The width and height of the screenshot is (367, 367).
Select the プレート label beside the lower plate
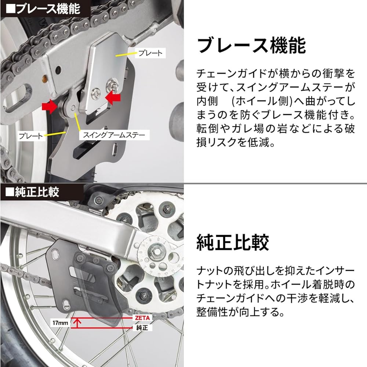click(31, 136)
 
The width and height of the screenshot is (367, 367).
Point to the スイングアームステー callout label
click(114, 135)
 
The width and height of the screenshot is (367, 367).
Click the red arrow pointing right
click(50, 107)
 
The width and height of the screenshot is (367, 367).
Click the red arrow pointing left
click(113, 98)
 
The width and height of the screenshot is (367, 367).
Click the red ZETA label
click(142, 318)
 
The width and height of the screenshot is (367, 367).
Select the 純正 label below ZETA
click(142, 327)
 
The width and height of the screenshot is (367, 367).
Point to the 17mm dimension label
click(60, 323)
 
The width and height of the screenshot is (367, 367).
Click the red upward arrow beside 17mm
click(77, 323)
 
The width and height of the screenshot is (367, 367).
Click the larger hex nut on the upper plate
click(112, 85)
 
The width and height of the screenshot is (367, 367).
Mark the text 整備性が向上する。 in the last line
click(240, 312)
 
